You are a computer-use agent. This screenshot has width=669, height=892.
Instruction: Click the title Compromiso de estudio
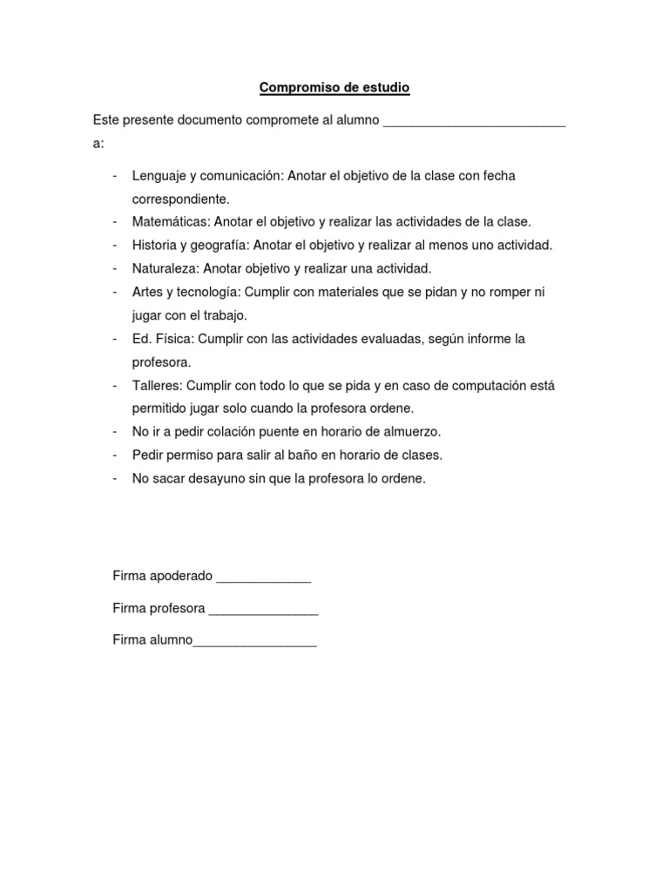[x=334, y=88]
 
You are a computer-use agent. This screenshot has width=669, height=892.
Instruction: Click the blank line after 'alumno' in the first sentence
[x=474, y=123]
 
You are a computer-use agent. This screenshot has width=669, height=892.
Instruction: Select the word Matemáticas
[x=170, y=222]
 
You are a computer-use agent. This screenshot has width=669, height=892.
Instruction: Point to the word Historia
[x=154, y=246]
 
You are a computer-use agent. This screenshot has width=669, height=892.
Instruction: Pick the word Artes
[x=148, y=292]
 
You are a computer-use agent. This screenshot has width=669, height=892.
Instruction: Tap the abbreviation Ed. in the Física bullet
[x=141, y=339]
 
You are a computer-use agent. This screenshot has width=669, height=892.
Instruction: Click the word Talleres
[x=157, y=385]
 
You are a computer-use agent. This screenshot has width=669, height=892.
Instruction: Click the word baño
[x=303, y=455]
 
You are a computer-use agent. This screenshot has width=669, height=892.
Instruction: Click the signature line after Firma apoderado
[x=263, y=578]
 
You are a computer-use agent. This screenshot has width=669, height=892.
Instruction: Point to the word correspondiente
[x=180, y=199]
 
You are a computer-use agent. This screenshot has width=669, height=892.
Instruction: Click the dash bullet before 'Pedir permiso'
[x=115, y=455]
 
